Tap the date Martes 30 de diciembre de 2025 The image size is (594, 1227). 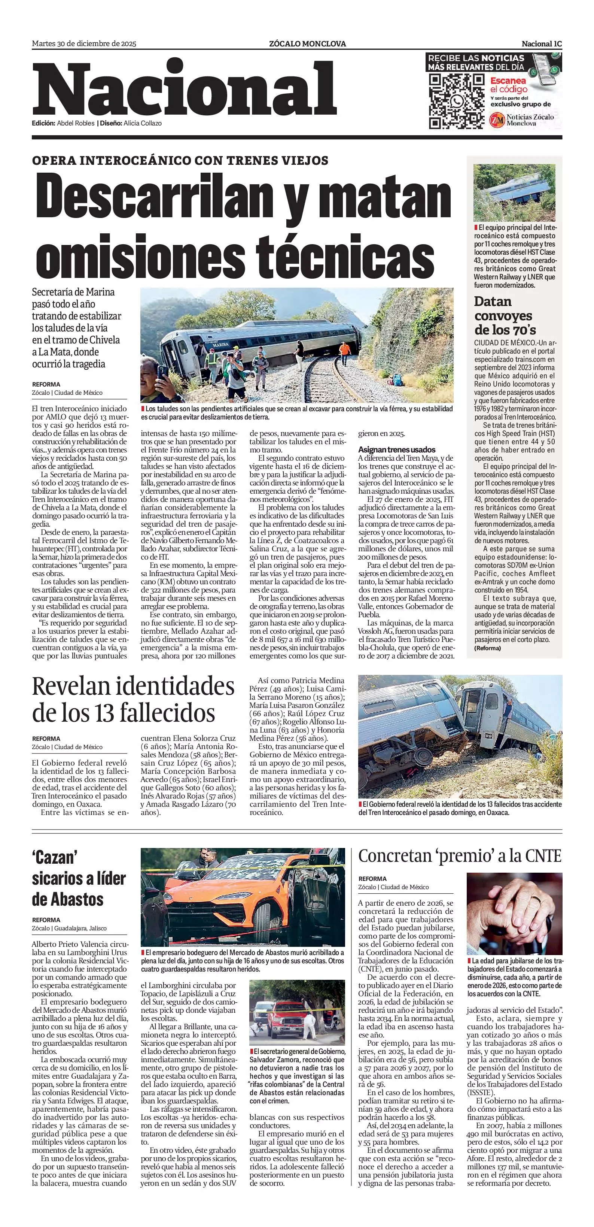pos(84,44)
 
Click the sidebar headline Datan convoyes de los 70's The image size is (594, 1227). pos(503,315)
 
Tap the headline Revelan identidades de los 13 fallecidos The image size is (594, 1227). pos(133,699)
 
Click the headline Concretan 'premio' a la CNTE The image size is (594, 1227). pos(460,856)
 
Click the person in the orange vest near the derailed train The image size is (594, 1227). pos(343,348)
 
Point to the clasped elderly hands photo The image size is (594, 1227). pos(514,911)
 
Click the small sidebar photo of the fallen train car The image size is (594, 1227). pos(514,193)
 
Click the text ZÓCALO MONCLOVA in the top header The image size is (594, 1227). pos(307,44)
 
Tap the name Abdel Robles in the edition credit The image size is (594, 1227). pos(76,123)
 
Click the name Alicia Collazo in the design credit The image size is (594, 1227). pos(142,123)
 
